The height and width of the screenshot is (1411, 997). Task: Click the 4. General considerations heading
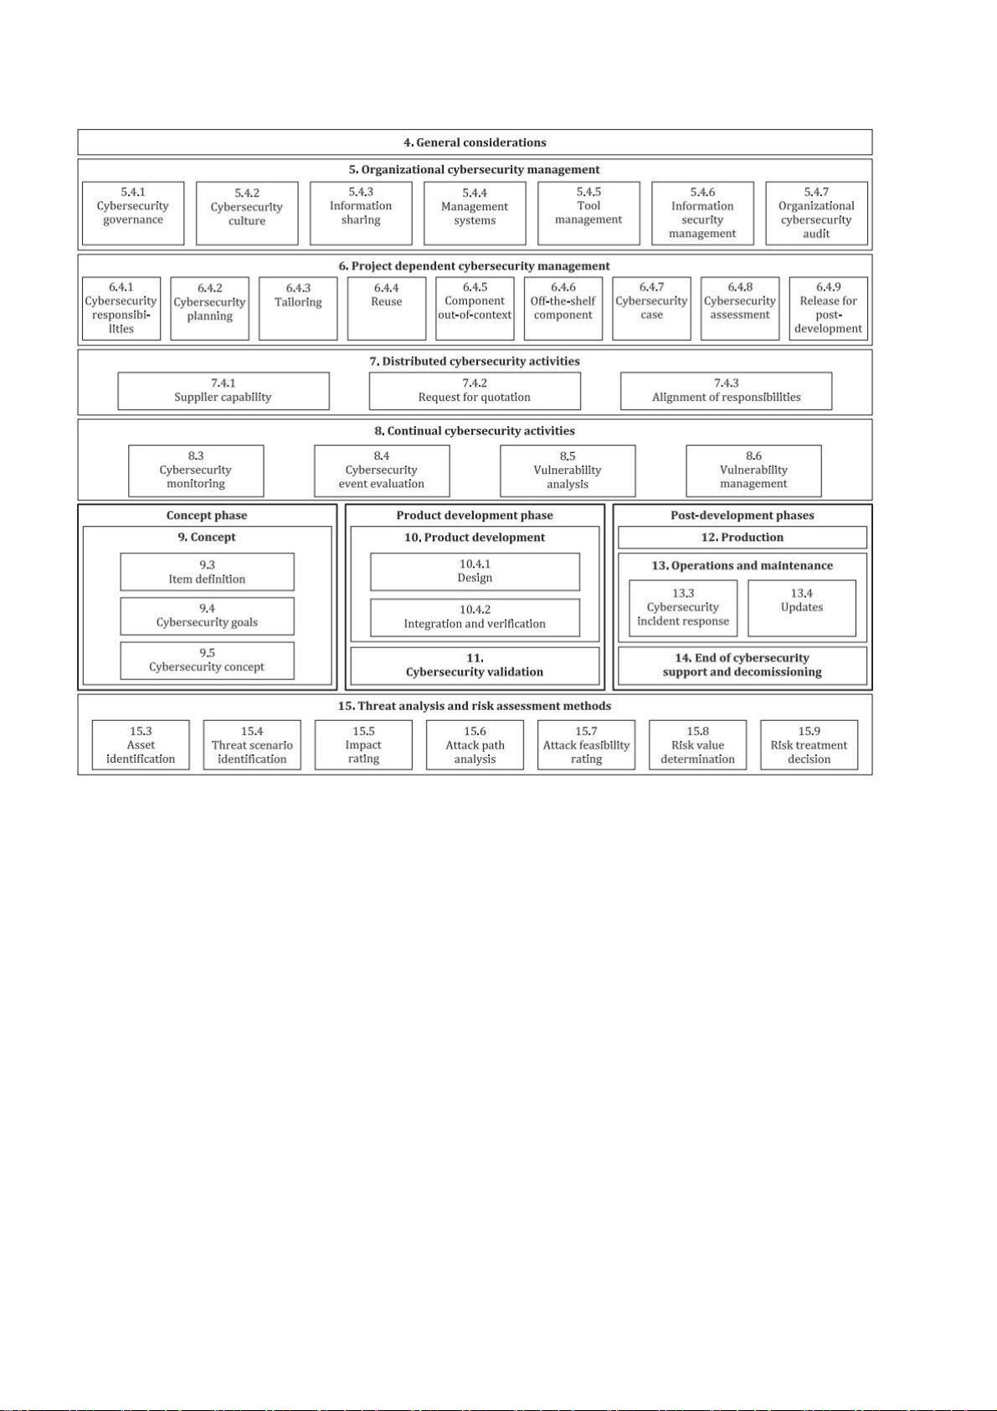475,142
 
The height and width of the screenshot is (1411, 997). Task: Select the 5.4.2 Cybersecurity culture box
247,214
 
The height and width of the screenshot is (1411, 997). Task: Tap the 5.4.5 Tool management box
588,214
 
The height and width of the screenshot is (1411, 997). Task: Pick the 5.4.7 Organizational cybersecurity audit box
816,214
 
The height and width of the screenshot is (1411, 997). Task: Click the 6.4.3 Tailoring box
298,309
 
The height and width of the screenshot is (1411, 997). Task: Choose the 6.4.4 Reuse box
386,309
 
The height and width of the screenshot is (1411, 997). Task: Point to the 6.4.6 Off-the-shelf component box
563,309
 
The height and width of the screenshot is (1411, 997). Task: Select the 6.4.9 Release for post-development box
828,309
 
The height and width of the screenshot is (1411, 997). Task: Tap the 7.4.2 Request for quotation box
475,391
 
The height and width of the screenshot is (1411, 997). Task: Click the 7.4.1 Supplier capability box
223,391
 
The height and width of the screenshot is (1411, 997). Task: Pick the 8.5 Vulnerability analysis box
568,471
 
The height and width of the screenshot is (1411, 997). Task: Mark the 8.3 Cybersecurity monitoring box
196,471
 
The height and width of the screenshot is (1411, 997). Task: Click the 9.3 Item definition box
207,572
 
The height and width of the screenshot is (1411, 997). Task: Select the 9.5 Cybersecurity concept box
207,661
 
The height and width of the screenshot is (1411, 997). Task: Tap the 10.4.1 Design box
475,572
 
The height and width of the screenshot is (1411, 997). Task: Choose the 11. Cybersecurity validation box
475,666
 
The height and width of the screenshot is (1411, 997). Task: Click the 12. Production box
742,538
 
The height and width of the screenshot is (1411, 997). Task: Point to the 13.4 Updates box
802,609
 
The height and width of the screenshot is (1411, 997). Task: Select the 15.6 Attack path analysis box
475,745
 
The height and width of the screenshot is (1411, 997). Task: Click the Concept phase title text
207,515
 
